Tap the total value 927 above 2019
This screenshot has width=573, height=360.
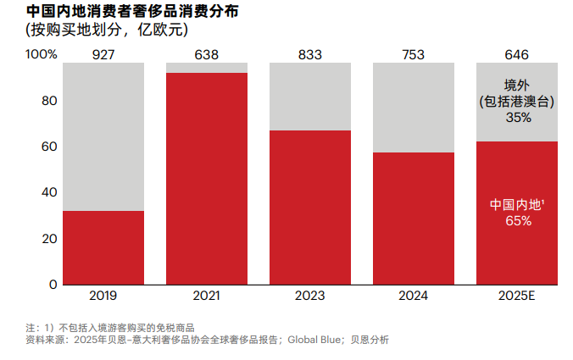[x=103, y=55]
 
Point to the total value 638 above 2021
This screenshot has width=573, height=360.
[x=206, y=55]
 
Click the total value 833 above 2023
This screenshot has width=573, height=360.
[x=309, y=55]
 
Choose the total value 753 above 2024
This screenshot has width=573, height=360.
[x=414, y=55]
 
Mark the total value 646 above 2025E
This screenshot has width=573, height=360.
[x=516, y=55]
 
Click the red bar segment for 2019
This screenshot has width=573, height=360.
[x=103, y=247]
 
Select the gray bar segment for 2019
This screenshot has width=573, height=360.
[x=103, y=136]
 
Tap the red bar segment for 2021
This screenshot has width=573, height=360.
[x=206, y=178]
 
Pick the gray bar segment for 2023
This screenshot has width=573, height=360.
[x=309, y=96]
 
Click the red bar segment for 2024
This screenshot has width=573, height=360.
[x=414, y=218]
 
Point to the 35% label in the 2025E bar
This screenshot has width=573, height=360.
[x=517, y=118]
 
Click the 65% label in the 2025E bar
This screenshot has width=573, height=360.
[x=517, y=221]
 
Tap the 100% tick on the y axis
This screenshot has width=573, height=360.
[x=42, y=55]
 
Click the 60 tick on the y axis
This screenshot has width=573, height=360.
[x=49, y=147]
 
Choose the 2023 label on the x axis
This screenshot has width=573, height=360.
[x=309, y=296]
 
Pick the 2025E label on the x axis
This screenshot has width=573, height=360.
[x=516, y=296]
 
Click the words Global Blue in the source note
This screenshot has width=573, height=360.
[x=314, y=340]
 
